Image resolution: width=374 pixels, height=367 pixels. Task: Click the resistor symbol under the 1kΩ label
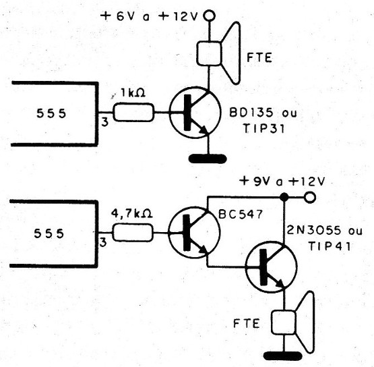click(133, 113)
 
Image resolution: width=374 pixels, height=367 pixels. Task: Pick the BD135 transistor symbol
click(193, 113)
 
